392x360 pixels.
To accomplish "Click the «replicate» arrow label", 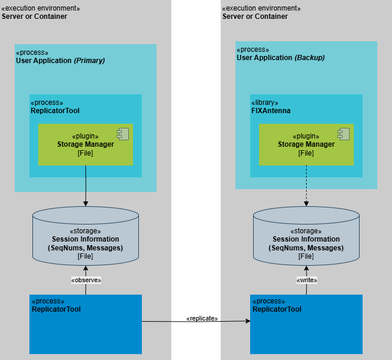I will tap(202, 318).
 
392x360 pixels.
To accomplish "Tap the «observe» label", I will tap(86, 280).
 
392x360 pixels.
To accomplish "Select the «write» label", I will tap(307, 280).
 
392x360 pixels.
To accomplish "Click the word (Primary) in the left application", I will tap(89, 61).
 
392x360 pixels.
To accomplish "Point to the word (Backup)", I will tap(310, 58).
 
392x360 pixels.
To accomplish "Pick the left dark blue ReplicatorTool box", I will tap(86, 330).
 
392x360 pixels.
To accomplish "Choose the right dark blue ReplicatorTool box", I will tap(306, 330).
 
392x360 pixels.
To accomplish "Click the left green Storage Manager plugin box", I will tap(86, 145).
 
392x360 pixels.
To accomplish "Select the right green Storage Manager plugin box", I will tap(306, 145).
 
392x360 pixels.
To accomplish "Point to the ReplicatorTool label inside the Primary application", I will tap(55, 111).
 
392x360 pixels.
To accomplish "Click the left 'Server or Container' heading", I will tap(34, 16).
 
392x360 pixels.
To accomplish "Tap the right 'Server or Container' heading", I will tap(255, 16).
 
